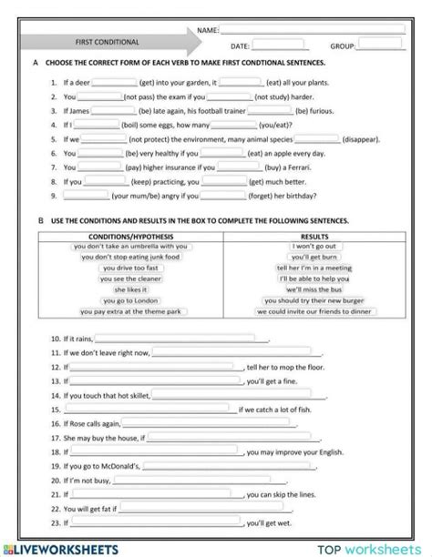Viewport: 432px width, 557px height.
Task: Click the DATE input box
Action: (280, 44)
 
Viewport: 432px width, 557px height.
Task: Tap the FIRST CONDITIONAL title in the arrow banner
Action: (107, 42)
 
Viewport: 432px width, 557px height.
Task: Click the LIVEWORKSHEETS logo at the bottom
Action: (63, 549)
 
